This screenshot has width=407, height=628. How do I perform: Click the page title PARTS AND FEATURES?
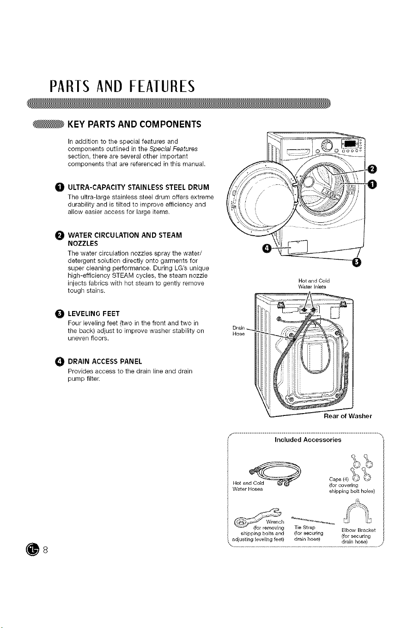point(122,86)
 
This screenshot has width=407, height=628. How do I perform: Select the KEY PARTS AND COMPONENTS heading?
point(134,124)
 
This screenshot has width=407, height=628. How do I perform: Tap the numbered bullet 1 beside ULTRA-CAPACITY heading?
point(60,187)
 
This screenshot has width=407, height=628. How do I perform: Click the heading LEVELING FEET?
point(94,313)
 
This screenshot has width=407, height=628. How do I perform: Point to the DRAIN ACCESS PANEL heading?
point(105,361)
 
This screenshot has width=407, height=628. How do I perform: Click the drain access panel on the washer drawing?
point(298,247)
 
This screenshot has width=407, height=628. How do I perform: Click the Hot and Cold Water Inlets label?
point(314,283)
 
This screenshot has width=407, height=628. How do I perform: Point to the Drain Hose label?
point(238,330)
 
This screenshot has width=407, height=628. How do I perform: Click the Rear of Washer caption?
point(347,416)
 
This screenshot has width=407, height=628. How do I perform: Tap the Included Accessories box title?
point(308,439)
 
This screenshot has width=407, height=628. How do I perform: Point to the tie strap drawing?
point(313,520)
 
